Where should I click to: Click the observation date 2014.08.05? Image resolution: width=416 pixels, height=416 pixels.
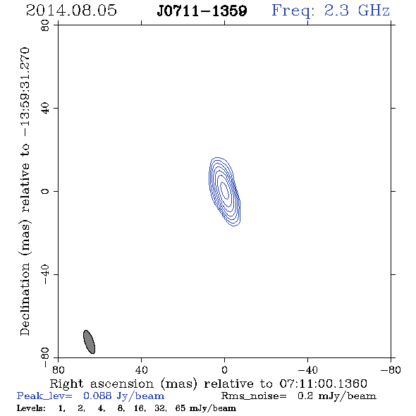tap(71, 11)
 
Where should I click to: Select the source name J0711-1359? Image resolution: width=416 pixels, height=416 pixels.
tap(202, 11)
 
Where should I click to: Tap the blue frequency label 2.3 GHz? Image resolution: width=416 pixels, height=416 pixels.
tap(357, 11)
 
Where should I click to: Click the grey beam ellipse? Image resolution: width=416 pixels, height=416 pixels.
tap(89, 342)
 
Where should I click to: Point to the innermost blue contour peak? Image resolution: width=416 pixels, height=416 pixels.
tap(224, 190)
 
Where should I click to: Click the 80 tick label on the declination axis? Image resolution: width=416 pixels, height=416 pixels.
tap(45, 25)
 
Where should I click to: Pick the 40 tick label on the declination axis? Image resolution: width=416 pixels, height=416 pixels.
tap(45, 109)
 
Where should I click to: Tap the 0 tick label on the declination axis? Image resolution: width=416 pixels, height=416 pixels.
tap(45, 191)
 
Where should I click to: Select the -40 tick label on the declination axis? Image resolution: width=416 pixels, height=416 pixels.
tap(45, 274)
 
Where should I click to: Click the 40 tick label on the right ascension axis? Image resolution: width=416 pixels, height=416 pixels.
tap(141, 369)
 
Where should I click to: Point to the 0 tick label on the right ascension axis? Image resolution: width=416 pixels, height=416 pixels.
tap(224, 369)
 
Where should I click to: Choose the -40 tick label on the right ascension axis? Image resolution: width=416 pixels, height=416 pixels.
tap(307, 369)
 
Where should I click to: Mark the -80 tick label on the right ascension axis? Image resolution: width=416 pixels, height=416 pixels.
tap(391, 369)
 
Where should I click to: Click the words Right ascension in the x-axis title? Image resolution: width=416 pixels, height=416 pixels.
tap(102, 384)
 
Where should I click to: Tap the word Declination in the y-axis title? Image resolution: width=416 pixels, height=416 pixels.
tap(25, 299)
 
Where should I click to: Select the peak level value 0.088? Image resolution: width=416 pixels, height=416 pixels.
tap(97, 396)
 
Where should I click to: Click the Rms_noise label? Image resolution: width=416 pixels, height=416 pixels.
tap(254, 396)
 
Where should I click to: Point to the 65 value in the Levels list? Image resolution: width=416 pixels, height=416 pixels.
tap(180, 408)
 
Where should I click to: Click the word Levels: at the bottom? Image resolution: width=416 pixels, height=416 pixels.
tap(31, 408)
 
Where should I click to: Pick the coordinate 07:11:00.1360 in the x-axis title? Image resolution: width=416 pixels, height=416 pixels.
tap(324, 384)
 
